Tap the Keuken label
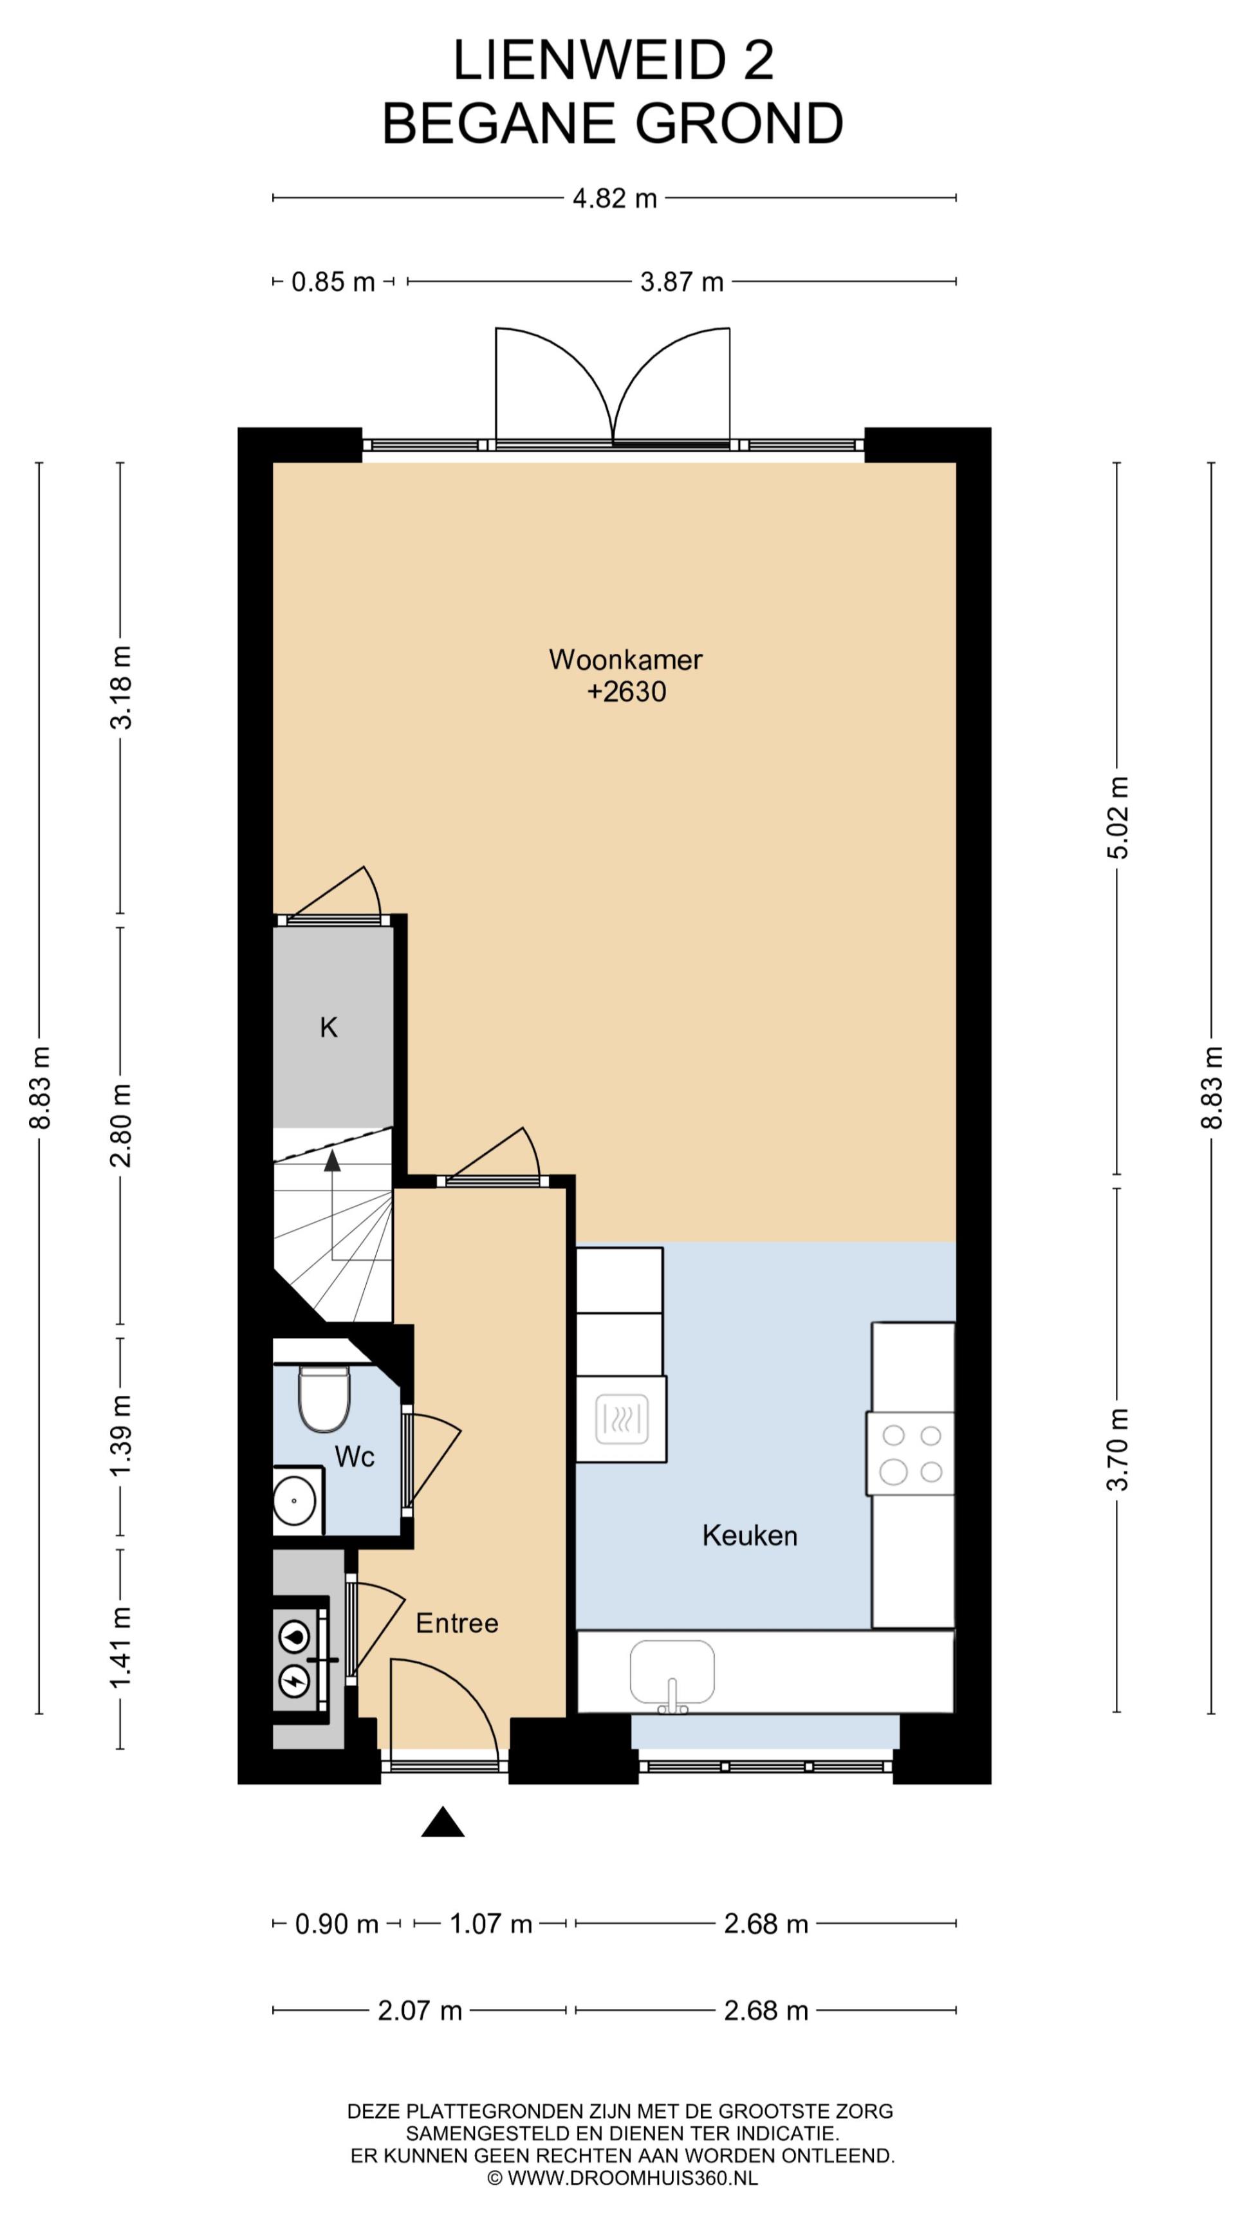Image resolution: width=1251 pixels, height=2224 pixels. tap(750, 1535)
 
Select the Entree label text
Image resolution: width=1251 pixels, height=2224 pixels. tap(457, 1623)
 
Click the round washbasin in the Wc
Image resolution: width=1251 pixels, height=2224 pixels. tap(294, 1499)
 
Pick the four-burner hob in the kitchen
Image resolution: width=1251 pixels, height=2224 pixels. tap(911, 1453)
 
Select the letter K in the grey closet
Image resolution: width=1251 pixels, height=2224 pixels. tap(328, 1028)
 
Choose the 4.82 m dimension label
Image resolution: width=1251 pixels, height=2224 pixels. tap(615, 199)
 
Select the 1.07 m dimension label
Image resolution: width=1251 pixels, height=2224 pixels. tap(490, 1924)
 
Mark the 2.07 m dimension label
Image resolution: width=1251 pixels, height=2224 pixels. tap(420, 2011)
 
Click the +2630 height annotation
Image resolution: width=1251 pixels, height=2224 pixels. tap(627, 692)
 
